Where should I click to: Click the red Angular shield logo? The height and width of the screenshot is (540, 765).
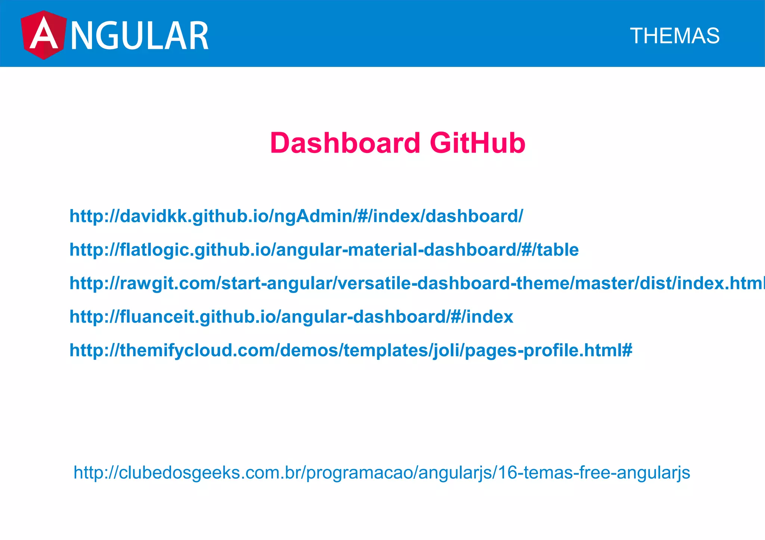[x=43, y=35]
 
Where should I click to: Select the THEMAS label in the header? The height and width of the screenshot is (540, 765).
[x=675, y=36]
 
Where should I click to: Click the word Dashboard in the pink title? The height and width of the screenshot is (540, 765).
[x=345, y=143]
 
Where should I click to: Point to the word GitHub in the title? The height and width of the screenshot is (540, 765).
[x=477, y=143]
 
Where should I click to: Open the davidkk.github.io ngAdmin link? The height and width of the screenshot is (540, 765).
[x=296, y=216]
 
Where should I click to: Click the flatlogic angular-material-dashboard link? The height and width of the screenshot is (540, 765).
[x=324, y=250]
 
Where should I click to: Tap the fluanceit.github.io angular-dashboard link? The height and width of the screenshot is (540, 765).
[x=291, y=317]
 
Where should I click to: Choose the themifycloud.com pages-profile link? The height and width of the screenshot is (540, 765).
[x=351, y=350]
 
